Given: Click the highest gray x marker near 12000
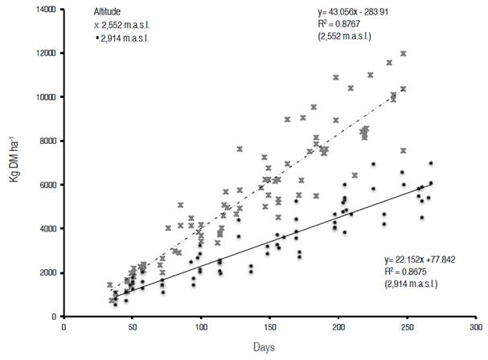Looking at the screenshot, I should pos(403,54).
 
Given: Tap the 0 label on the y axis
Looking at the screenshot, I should pos(55,317).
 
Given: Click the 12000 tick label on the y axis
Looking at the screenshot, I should pos(47,54).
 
